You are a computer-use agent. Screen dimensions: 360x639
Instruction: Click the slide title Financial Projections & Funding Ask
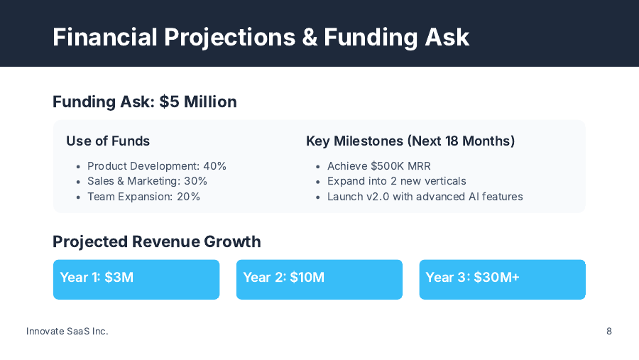(261, 36)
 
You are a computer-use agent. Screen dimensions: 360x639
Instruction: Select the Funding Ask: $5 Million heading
(144, 102)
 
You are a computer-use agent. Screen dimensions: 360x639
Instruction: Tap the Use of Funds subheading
(108, 141)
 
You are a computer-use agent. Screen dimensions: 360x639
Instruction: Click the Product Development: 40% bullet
(156, 166)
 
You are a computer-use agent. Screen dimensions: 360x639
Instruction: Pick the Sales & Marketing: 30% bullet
(147, 181)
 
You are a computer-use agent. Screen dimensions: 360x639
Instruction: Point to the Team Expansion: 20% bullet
(143, 197)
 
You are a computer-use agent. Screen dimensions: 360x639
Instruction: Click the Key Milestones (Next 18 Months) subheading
(410, 141)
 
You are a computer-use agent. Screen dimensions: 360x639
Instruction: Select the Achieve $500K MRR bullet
(378, 166)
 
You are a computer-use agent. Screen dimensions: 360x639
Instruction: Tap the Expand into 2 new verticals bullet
(396, 181)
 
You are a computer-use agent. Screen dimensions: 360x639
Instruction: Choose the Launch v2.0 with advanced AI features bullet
(425, 197)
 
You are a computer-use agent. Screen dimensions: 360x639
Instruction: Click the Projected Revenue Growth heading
(156, 241)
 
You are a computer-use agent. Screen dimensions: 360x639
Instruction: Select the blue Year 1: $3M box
(136, 279)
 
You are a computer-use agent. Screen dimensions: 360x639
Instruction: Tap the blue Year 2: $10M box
(319, 279)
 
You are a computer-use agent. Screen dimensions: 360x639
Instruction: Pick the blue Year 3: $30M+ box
(502, 279)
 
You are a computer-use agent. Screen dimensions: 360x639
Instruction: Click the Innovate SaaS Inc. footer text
(67, 331)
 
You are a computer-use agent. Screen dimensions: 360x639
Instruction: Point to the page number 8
(609, 331)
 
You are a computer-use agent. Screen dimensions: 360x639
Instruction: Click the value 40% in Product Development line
(214, 166)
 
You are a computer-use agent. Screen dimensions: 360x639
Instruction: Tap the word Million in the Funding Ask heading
(210, 102)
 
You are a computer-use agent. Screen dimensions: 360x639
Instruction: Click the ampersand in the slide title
(310, 36)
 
